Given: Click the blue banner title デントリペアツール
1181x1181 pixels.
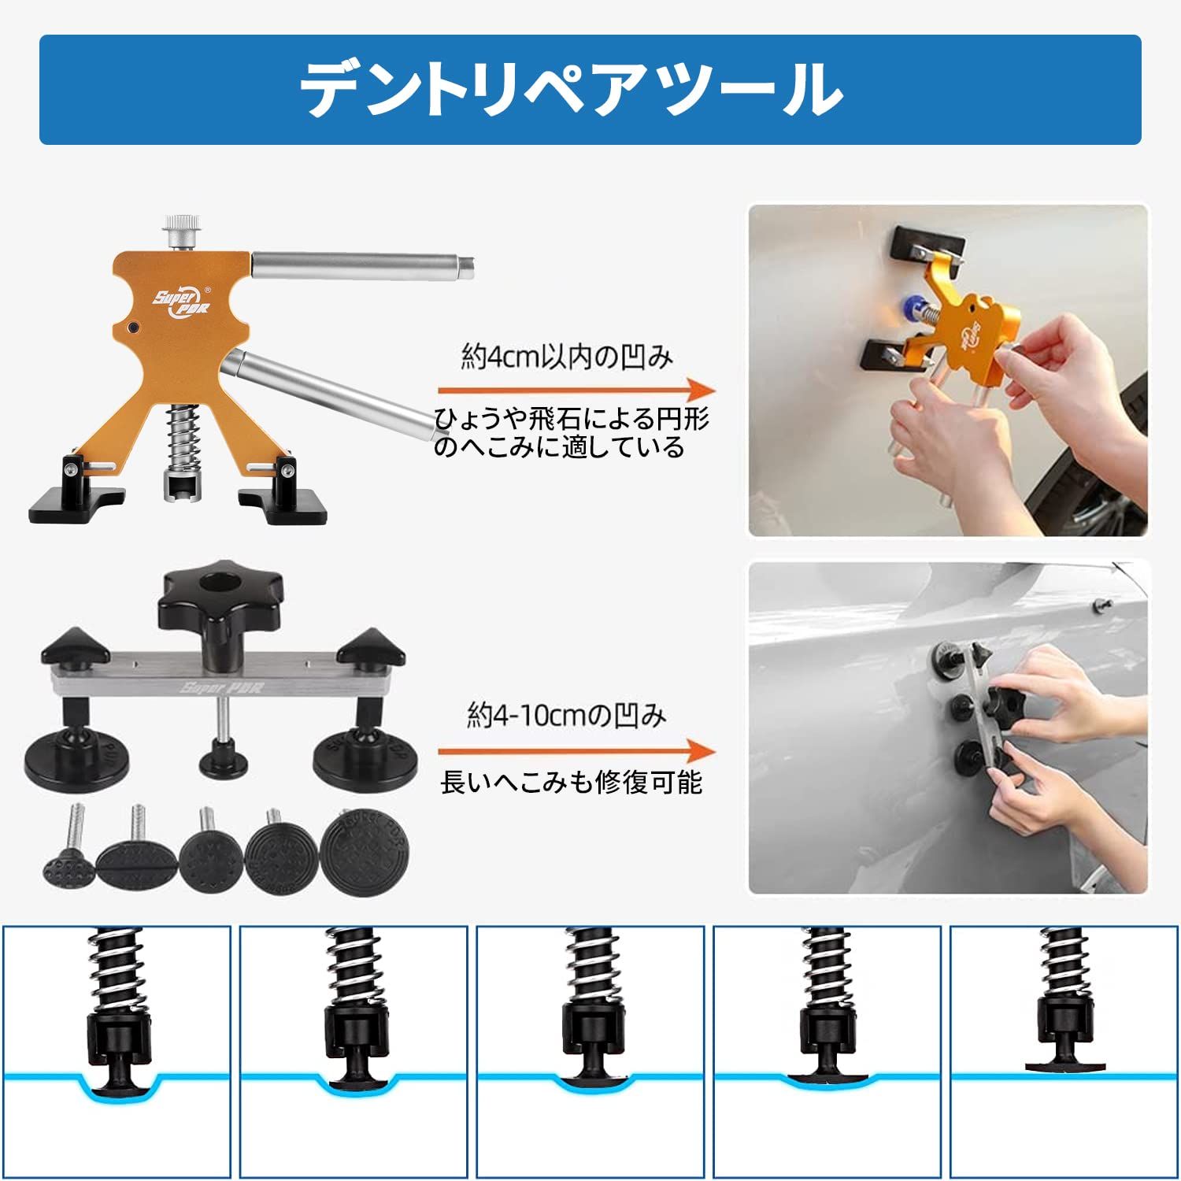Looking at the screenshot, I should click(572, 90).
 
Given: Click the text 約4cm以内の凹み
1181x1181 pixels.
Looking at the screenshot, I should click(567, 357).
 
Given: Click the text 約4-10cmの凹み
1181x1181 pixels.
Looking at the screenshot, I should click(567, 715).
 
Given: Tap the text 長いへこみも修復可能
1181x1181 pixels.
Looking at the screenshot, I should click(571, 783).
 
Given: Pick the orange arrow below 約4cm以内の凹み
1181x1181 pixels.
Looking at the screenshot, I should click(576, 391).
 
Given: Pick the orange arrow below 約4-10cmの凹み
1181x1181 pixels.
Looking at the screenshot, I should click(576, 751).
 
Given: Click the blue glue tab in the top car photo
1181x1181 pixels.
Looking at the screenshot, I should click(915, 308).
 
